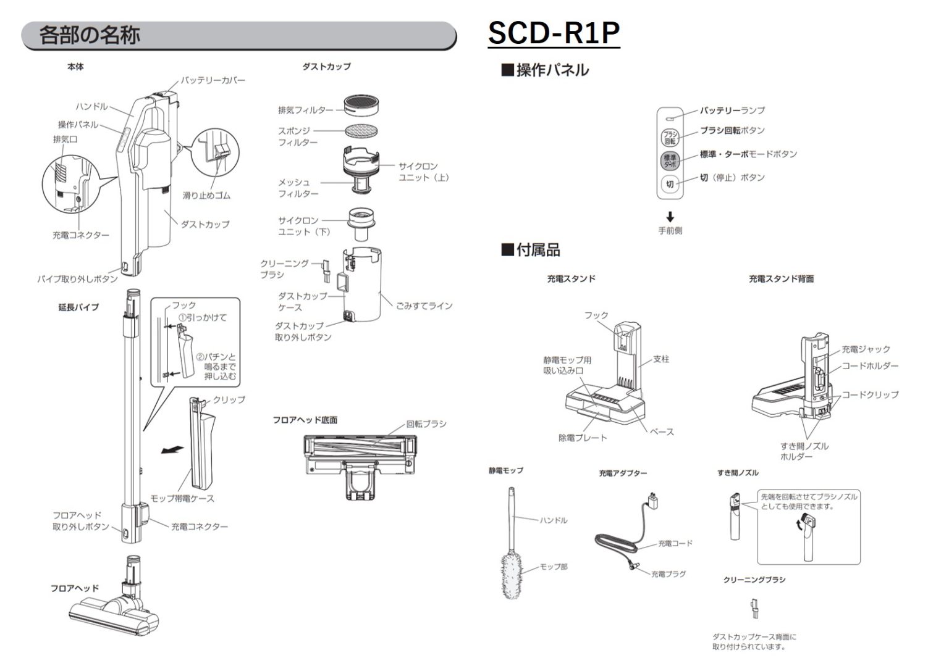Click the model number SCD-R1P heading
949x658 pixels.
click(553, 33)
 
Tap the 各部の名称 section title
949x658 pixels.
click(90, 35)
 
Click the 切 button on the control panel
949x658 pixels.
click(670, 183)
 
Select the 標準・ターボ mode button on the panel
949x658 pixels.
click(670, 160)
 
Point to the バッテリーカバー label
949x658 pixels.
click(213, 81)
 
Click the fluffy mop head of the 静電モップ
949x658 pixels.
click(513, 574)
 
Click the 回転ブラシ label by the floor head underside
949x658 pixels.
click(426, 424)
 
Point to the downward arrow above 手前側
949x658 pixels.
click(670, 217)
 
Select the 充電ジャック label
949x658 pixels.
click(866, 349)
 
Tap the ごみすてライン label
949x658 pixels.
click(424, 306)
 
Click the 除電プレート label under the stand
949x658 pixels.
click(582, 438)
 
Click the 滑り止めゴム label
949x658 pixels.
click(206, 195)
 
